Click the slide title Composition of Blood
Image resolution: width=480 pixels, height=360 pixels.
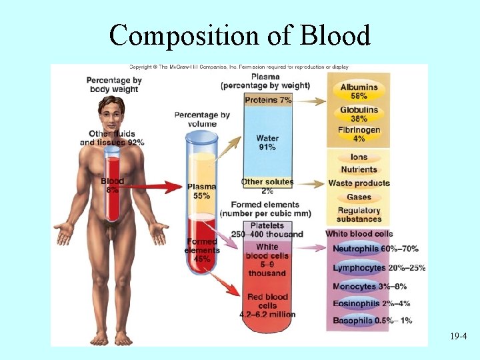pyautogui.click(x=239, y=34)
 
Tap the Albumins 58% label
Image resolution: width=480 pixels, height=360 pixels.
pyautogui.click(x=359, y=91)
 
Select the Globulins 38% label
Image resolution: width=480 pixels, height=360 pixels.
pyautogui.click(x=359, y=114)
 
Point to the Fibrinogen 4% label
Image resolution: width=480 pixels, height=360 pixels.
pyautogui.click(x=359, y=134)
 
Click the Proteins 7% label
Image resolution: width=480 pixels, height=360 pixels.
pyautogui.click(x=268, y=100)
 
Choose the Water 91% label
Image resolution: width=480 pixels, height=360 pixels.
pyautogui.click(x=267, y=143)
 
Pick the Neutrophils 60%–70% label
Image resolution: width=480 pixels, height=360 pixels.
pyautogui.click(x=375, y=249)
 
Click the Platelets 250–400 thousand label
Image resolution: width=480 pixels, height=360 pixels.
pyautogui.click(x=267, y=230)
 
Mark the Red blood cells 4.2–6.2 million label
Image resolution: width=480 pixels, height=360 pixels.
pyautogui.click(x=267, y=305)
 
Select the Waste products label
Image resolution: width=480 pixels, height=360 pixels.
pyautogui.click(x=359, y=183)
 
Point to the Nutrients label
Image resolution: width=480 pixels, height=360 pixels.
pyautogui.click(x=359, y=170)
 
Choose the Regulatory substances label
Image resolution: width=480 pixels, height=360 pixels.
pyautogui.click(x=359, y=215)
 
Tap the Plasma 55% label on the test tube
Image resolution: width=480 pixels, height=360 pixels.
pyautogui.click(x=201, y=191)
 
